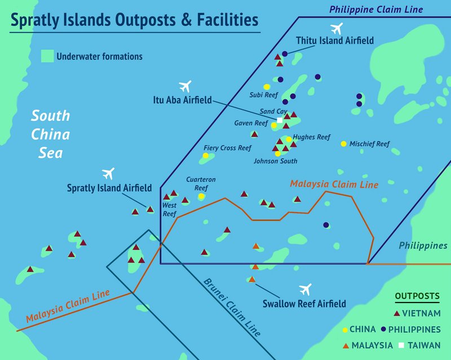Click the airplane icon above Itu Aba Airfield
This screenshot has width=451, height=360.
(x=185, y=86)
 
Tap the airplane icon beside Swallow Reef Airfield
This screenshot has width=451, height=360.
(x=306, y=290)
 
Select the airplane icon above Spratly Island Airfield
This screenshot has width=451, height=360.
(x=109, y=172)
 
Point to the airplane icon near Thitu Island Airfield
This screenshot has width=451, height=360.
(x=337, y=28)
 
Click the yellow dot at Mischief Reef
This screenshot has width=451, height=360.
(x=343, y=144)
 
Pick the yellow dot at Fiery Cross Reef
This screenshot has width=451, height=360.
(x=206, y=155)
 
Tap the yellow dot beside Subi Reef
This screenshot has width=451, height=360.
(x=267, y=87)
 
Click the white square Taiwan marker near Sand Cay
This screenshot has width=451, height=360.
(x=280, y=120)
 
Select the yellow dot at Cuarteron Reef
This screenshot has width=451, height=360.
(x=201, y=196)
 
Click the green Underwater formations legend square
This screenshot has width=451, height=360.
(x=47, y=56)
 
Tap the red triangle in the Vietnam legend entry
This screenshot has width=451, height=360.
(x=397, y=313)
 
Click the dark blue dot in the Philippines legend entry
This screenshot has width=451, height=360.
(x=383, y=329)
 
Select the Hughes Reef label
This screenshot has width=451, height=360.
(x=312, y=137)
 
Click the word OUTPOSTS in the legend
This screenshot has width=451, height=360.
(x=418, y=296)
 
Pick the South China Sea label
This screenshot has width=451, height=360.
(x=50, y=134)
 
